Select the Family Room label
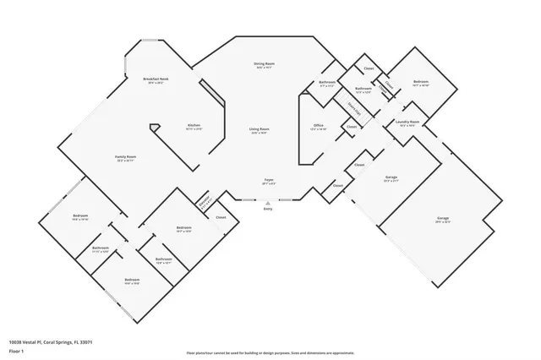[126, 156]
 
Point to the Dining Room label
[264, 63]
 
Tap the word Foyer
[268, 180]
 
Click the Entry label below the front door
[268, 208]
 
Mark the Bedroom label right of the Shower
[421, 82]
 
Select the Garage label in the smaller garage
[391, 177]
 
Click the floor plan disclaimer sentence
[270, 352]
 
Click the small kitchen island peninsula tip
[152, 127]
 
